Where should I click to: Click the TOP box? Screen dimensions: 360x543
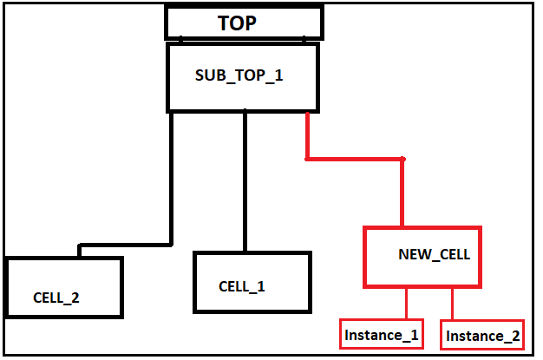pos(244,23)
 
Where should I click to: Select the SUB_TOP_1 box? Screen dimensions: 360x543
pos(243,77)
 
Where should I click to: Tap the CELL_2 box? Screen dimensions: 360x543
pos(63,287)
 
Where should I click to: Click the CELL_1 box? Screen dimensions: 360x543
pos(252,282)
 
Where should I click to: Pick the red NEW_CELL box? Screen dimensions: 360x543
pos(422,257)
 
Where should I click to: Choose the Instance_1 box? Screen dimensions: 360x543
pos(382,334)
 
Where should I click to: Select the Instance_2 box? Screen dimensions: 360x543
pos(483,335)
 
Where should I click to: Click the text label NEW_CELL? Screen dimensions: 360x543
pos(434,255)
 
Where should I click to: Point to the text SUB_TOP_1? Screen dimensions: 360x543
pos(239,75)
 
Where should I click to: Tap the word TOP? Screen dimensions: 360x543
pos(237,23)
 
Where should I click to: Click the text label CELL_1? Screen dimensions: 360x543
pos(242,286)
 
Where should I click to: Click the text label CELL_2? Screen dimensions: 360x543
pos(56,298)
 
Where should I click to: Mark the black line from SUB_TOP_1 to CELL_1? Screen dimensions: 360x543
pos(245,182)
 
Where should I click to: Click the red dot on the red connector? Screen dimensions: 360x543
pos(402,159)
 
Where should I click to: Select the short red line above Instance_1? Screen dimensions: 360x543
pos(406,304)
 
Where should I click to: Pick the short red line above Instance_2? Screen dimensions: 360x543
pos(453,304)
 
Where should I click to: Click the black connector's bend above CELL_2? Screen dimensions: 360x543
pos(80,246)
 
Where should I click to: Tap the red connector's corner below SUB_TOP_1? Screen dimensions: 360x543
pos(307,159)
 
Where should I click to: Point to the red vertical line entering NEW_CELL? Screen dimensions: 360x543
pos(402,195)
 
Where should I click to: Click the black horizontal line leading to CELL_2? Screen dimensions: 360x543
pos(126,245)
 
